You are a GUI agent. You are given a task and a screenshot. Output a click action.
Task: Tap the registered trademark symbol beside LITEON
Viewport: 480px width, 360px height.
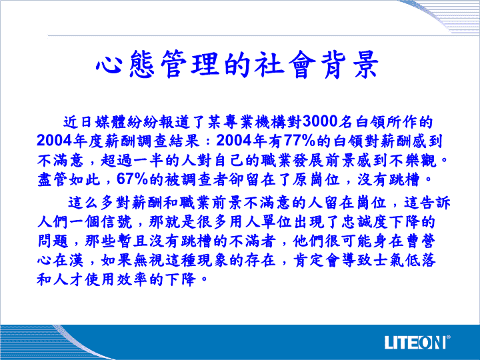click(449, 337)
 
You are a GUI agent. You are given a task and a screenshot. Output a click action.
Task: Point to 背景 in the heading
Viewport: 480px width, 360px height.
click(350, 64)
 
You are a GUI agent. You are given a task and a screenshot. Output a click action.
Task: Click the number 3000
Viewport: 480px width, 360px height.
click(320, 121)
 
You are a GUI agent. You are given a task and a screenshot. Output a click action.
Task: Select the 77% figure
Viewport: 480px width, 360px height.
click(300, 141)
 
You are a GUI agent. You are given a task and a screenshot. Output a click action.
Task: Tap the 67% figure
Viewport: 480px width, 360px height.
click(133, 179)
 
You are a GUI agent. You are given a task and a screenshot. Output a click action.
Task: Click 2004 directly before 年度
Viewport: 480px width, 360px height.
click(54, 141)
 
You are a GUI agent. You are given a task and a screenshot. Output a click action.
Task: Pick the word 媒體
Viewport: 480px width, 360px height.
click(110, 121)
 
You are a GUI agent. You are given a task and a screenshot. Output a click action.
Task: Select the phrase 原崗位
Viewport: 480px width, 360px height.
click(316, 179)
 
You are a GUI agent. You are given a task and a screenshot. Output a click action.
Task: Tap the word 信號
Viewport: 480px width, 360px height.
click(117, 221)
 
